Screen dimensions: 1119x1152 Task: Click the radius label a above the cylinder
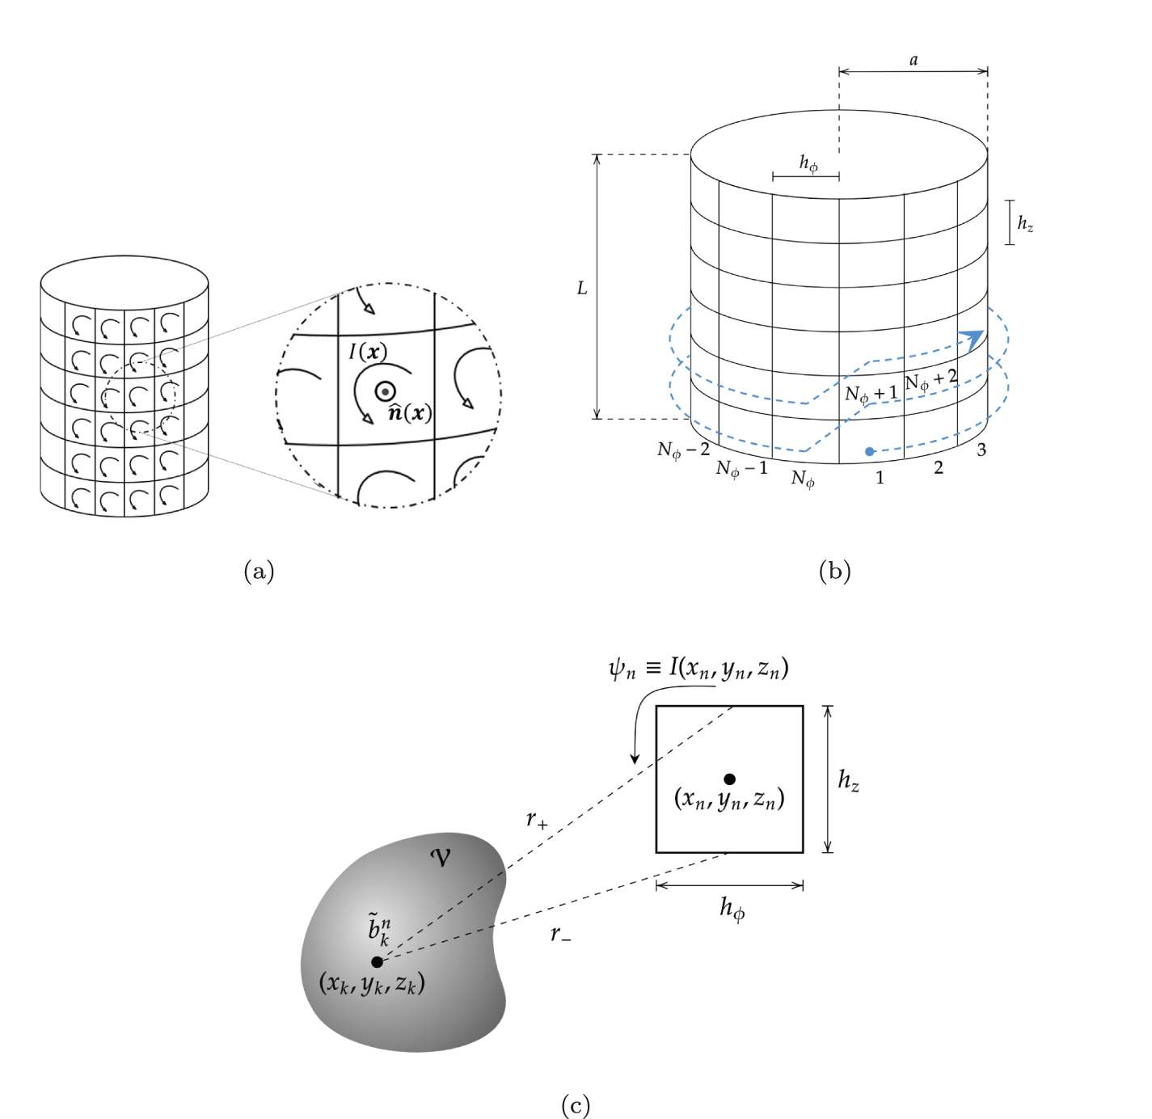point(914,61)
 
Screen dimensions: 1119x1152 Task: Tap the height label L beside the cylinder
point(581,289)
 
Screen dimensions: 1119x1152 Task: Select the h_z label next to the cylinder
point(1024,223)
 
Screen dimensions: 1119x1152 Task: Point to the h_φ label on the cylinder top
point(808,164)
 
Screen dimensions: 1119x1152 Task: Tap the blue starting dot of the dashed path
point(869,451)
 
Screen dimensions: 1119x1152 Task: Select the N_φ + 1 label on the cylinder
point(871,394)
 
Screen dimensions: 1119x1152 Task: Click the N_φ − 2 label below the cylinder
point(683,450)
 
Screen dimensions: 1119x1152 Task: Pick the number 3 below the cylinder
point(981,450)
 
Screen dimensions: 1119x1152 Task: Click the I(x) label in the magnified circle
point(368,352)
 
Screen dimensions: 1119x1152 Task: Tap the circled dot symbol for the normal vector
point(386,391)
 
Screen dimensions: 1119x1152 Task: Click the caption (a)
point(259,572)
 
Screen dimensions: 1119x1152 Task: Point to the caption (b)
point(834,572)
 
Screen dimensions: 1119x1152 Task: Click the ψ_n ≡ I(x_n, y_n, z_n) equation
point(698,668)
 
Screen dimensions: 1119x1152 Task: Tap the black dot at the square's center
point(729,779)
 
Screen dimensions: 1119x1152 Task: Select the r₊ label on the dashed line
point(537,820)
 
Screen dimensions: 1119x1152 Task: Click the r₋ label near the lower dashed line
point(560,935)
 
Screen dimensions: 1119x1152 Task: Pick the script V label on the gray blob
point(441,857)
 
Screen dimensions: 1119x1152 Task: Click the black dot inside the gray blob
point(377,961)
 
